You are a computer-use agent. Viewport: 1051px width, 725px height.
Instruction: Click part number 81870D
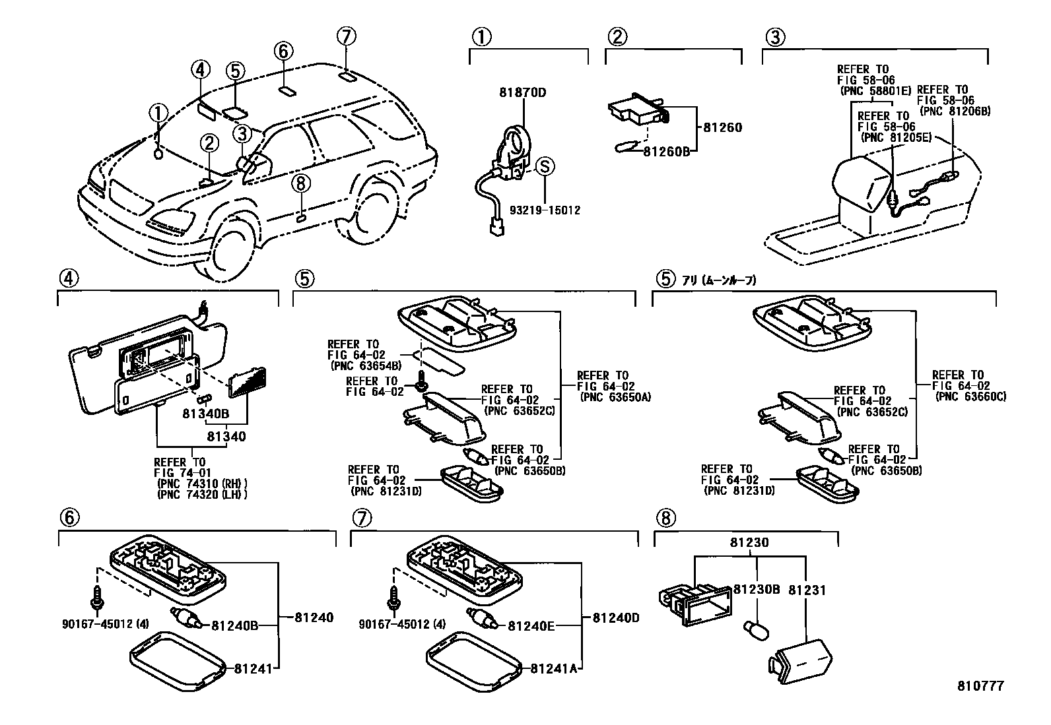pos(523,93)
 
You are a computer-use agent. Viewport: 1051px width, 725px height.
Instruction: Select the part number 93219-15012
pos(545,210)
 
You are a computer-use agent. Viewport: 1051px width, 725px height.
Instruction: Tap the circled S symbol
pos(545,166)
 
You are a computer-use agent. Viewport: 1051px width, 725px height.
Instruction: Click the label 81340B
pos(206,415)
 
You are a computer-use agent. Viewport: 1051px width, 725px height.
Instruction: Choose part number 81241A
pos(553,668)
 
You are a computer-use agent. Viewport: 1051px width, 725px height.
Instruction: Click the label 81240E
pos(531,625)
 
